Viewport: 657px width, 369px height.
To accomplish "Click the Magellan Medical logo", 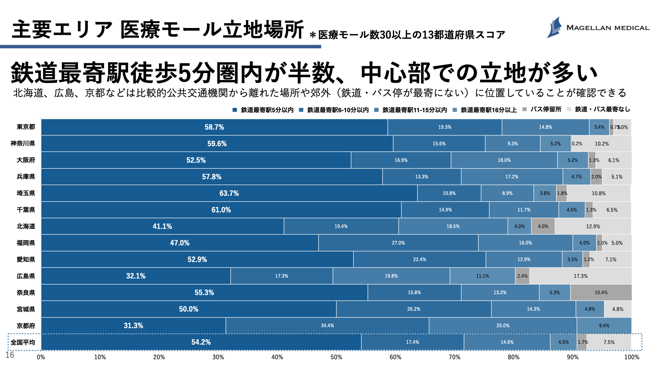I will coord(597,27).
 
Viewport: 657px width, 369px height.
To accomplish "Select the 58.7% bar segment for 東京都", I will coord(214,127).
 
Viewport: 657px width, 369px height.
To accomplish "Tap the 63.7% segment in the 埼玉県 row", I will coord(229,193).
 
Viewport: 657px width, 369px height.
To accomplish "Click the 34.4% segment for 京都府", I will coord(327,326).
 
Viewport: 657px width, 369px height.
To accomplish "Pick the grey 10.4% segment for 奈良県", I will coord(601,292).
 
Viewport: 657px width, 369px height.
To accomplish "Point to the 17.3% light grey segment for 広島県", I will coord(580,276).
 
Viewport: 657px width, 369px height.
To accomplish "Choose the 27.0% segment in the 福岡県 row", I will coord(398,243).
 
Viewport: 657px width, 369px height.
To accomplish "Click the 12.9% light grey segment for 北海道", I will coord(593,227).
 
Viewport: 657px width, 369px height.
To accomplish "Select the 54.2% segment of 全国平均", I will coord(201,342).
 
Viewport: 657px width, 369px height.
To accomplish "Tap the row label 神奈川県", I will coord(23,143).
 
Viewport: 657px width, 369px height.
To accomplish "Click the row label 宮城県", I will coord(26,309).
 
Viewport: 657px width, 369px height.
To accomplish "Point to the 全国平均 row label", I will coord(23,342).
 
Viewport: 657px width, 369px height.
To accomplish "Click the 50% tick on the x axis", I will coord(336,357).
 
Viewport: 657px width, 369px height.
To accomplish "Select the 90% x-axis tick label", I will coord(572,357).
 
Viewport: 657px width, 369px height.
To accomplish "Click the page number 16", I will coord(10,355).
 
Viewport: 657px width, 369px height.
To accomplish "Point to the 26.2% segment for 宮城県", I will coord(414,309).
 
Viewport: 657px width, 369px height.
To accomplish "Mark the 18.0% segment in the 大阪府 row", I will coord(504,160).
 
